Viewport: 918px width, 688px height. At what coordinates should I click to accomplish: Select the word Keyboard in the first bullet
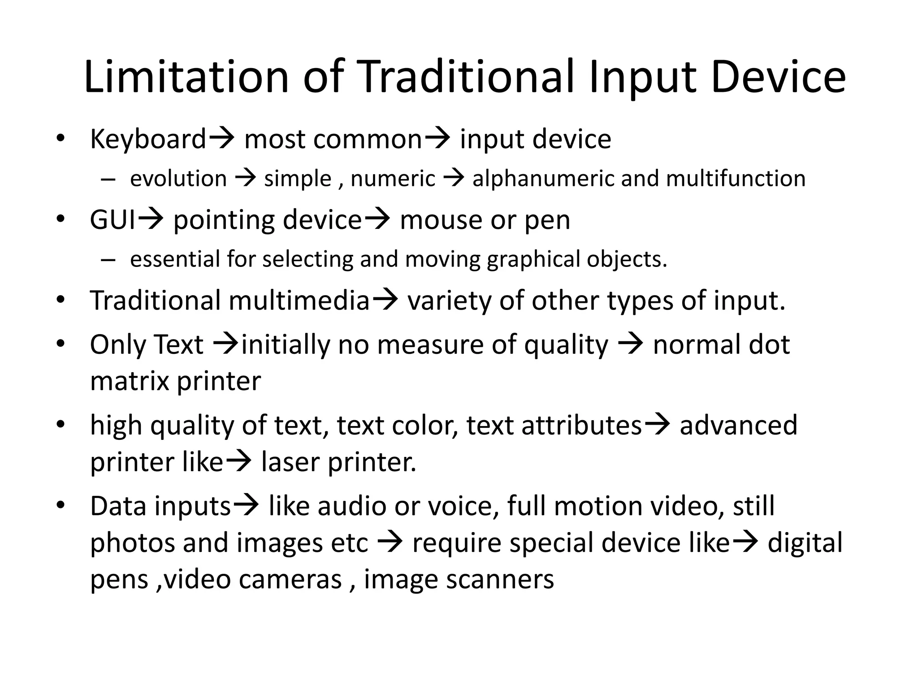point(148,139)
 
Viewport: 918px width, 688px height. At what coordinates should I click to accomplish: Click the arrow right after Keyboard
point(221,138)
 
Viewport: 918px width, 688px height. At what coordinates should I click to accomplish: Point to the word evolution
point(178,179)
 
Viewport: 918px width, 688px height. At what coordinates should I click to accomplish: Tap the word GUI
point(113,220)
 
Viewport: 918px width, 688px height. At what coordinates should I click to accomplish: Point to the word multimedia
point(299,300)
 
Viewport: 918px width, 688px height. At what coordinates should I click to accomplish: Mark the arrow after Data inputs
point(247,506)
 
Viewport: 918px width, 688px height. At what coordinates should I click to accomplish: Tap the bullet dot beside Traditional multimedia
point(61,299)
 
